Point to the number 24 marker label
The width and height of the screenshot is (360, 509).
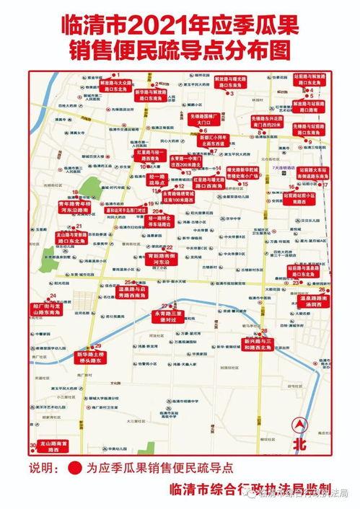coord(53,296)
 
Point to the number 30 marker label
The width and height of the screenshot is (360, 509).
coord(32,445)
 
